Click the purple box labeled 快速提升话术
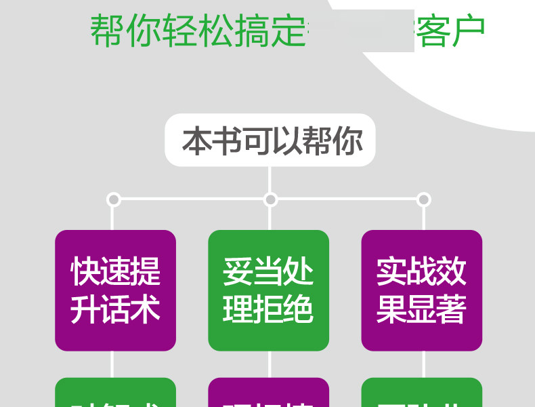(115, 290)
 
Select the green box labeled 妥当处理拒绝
(268, 290)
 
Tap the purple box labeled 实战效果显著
(421, 290)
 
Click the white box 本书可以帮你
(270, 140)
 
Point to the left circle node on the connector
(114, 199)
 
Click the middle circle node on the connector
(271, 199)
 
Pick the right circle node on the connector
(424, 199)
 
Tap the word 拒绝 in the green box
(283, 309)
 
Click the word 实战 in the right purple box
(406, 271)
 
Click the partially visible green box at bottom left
(115, 393)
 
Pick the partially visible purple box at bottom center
(268, 393)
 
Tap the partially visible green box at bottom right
(421, 393)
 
